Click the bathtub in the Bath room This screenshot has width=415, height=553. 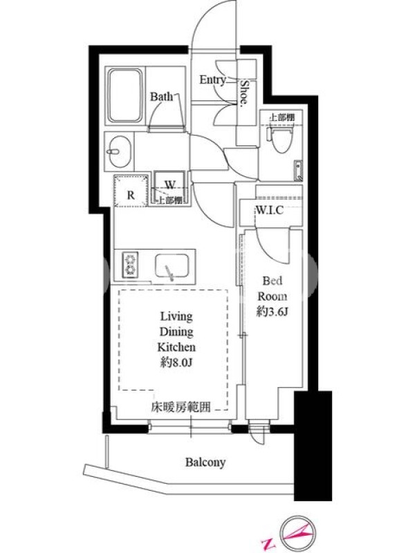click(125, 95)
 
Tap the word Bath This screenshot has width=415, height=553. click(161, 96)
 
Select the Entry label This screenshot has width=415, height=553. click(212, 80)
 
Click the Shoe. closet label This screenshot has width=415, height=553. click(244, 93)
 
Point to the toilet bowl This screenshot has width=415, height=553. click(282, 139)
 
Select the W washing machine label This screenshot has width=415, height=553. click(170, 185)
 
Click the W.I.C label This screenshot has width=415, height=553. click(270, 210)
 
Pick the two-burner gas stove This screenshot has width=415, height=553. click(130, 265)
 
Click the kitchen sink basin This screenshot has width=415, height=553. click(172, 267)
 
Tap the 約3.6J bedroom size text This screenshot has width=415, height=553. click(273, 312)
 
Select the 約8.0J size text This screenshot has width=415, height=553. click(176, 362)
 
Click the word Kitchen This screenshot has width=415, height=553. click(176, 347)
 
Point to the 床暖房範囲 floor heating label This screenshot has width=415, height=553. click(181, 408)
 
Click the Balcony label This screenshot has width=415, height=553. click(205, 462)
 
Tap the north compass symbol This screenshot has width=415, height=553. click(298, 532)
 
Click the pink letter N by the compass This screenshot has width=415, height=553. click(267, 543)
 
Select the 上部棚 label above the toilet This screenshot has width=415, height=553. click(282, 118)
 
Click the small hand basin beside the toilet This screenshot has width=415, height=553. click(299, 169)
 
